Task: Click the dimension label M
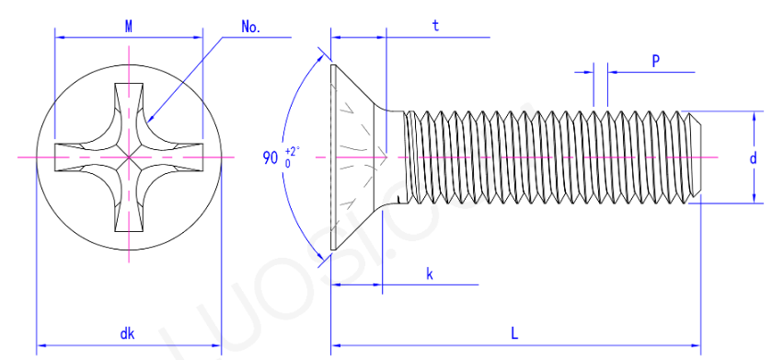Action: [129, 28]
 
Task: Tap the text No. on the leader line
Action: [251, 28]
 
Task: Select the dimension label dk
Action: [128, 334]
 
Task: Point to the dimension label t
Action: [436, 27]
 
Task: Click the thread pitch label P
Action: [656, 61]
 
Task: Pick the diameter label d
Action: [753, 158]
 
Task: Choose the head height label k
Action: [430, 274]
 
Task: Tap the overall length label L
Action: [514, 334]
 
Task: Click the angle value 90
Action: [271, 158]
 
